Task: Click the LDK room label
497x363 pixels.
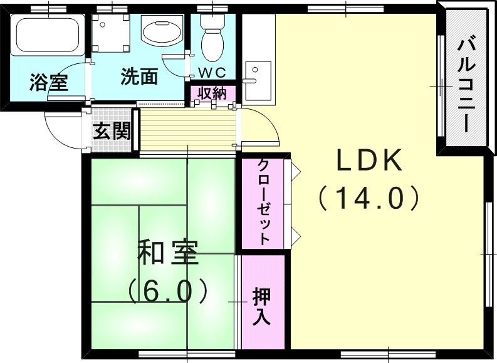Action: [369, 162]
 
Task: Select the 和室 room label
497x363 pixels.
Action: [167, 252]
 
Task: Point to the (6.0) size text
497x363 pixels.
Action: [167, 290]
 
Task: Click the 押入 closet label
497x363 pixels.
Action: [261, 306]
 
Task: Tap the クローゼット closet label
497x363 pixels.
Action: [264, 202]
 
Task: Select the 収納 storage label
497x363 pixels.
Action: [212, 93]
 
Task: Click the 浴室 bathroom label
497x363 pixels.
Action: [48, 82]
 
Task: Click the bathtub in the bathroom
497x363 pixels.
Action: [48, 36]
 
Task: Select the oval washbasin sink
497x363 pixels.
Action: [162, 31]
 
